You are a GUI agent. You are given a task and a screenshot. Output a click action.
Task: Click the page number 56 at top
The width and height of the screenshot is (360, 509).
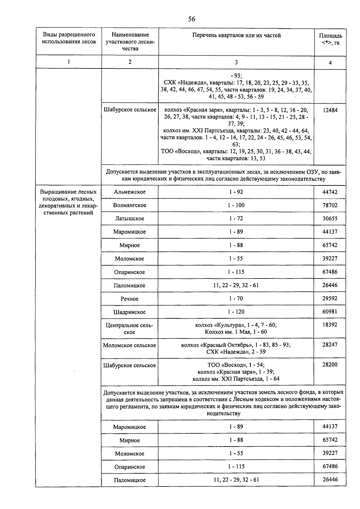[191, 19]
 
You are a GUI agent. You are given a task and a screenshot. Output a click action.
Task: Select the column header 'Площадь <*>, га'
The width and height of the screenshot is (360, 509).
[330, 39]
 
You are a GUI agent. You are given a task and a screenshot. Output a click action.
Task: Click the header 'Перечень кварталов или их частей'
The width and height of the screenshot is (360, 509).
[236, 35]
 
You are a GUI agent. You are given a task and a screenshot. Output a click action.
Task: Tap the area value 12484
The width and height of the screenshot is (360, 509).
[330, 110]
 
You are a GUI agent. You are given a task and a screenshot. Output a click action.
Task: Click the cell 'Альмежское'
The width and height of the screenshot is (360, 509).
[130, 192]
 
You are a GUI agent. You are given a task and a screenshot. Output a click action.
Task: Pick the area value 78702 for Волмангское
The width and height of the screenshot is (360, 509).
[330, 205]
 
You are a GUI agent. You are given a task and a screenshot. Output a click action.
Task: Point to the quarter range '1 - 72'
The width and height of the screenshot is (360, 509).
[236, 218]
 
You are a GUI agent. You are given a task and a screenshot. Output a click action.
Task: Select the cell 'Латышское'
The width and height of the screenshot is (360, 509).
[130, 218]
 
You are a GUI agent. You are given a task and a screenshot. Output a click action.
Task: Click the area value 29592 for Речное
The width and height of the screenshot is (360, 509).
[330, 299]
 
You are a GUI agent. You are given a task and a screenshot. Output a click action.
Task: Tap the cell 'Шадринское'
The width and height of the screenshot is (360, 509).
[130, 312]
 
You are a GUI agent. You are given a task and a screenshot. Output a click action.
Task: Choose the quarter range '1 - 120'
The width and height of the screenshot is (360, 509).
[236, 312]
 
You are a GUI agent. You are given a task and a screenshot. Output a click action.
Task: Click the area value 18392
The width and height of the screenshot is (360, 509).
[330, 325]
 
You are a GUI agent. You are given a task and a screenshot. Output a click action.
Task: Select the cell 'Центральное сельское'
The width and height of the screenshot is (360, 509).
[130, 329]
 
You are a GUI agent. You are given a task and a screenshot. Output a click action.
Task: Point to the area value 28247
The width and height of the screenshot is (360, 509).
[330, 345]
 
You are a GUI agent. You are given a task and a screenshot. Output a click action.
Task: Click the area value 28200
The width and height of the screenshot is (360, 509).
[330, 365]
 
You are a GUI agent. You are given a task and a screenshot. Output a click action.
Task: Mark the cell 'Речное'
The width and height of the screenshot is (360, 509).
[130, 299]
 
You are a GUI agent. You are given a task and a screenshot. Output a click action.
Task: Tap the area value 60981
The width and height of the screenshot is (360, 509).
[330, 312]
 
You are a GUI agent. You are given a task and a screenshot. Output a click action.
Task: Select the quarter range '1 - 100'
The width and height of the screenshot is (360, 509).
[236, 205]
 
